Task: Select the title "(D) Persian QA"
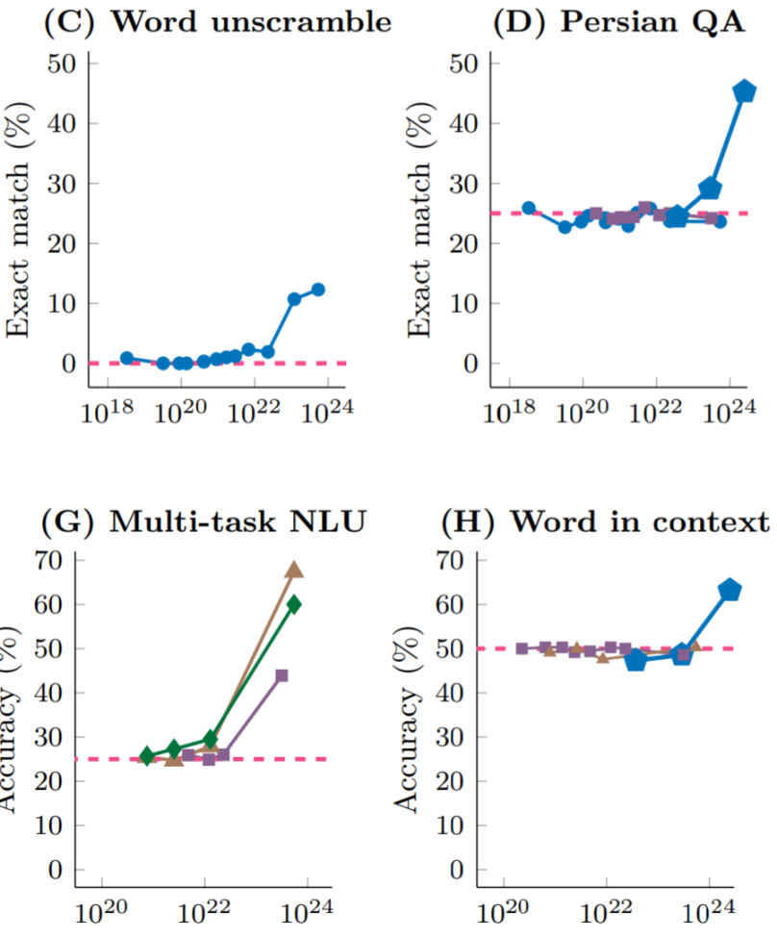click(x=618, y=22)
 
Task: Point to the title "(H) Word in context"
click(x=606, y=524)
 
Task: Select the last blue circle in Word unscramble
click(x=318, y=290)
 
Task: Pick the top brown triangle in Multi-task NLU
click(x=294, y=570)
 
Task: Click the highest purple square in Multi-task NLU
click(x=282, y=675)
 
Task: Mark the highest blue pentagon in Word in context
click(x=730, y=590)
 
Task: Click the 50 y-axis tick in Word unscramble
click(x=63, y=64)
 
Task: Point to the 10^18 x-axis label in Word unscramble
click(x=106, y=413)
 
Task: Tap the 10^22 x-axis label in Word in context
click(x=606, y=911)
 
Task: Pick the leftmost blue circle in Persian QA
click(x=528, y=208)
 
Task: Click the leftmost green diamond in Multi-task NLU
click(x=147, y=756)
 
